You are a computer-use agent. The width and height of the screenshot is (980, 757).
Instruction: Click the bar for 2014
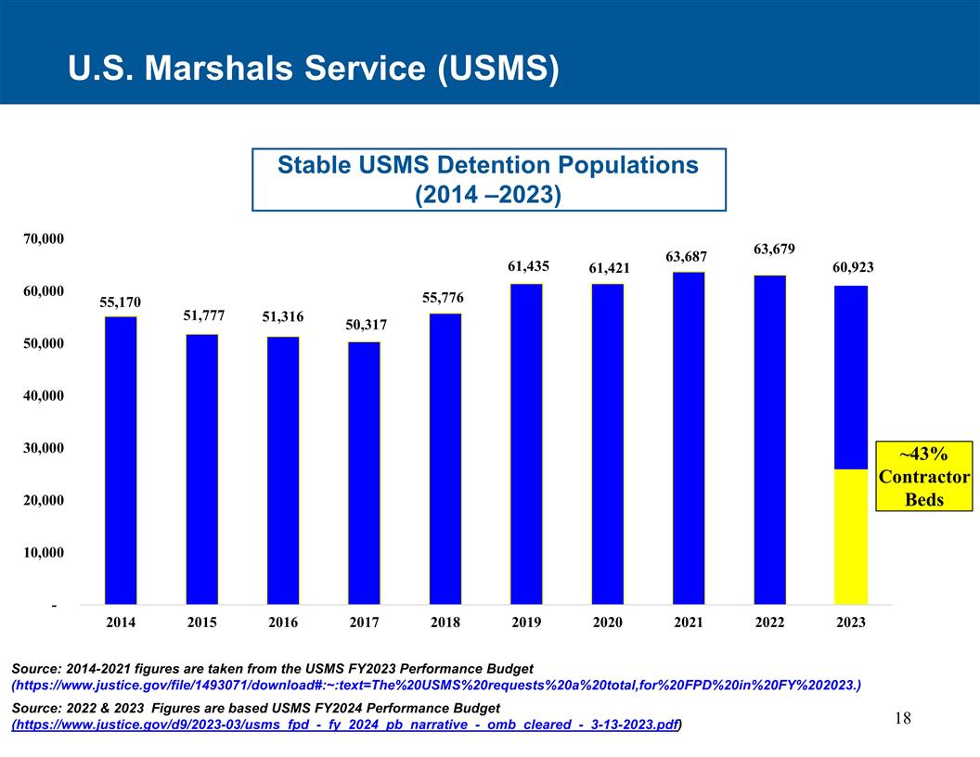pos(121,460)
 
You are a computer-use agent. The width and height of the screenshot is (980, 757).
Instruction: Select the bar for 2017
pos(364,473)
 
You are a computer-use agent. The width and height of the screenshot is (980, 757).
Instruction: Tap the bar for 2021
pos(688,438)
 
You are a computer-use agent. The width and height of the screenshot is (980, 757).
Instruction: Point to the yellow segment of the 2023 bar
pos(851,536)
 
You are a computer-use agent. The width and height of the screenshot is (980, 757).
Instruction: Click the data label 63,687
pos(688,256)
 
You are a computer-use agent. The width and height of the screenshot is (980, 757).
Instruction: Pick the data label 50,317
pos(366,326)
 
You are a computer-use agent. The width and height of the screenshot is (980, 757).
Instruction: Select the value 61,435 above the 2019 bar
pos(528,266)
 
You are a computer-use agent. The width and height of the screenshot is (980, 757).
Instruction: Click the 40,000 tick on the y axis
pos(42,396)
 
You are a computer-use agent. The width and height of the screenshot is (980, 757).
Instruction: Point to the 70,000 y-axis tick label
pos(42,239)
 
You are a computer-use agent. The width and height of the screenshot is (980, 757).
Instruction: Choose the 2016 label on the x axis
pos(283,622)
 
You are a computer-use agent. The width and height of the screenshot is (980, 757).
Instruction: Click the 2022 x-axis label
pos(769,622)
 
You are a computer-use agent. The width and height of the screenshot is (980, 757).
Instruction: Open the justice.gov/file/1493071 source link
pos(435,686)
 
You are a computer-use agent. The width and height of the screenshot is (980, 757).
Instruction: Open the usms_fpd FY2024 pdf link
pos(345,724)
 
